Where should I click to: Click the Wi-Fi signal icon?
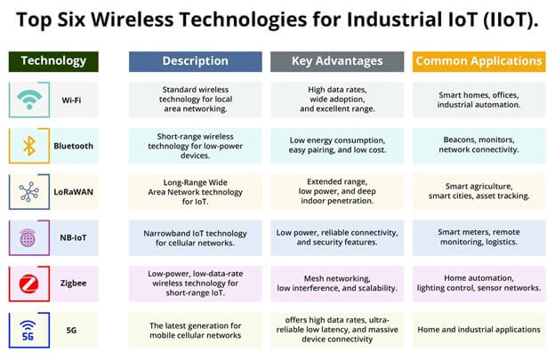tap(29, 100)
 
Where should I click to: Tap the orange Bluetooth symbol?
tap(29, 146)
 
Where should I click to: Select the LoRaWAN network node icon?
tap(29, 192)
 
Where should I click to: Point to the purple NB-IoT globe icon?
tap(28, 237)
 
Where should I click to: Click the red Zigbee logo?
tap(29, 284)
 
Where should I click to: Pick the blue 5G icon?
tap(28, 331)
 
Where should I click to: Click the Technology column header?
tap(53, 61)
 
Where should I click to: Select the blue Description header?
tap(196, 61)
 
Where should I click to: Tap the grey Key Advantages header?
tap(337, 61)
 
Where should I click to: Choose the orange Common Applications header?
tap(479, 61)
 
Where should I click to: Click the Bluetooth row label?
tap(73, 146)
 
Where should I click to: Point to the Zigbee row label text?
tap(73, 284)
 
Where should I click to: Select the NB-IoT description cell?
tap(196, 238)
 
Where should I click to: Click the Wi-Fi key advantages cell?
tap(337, 100)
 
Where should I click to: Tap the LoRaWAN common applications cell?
tap(479, 191)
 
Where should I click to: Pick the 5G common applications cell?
tap(479, 330)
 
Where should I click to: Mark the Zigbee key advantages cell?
tap(337, 284)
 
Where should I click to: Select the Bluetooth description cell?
tap(196, 146)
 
